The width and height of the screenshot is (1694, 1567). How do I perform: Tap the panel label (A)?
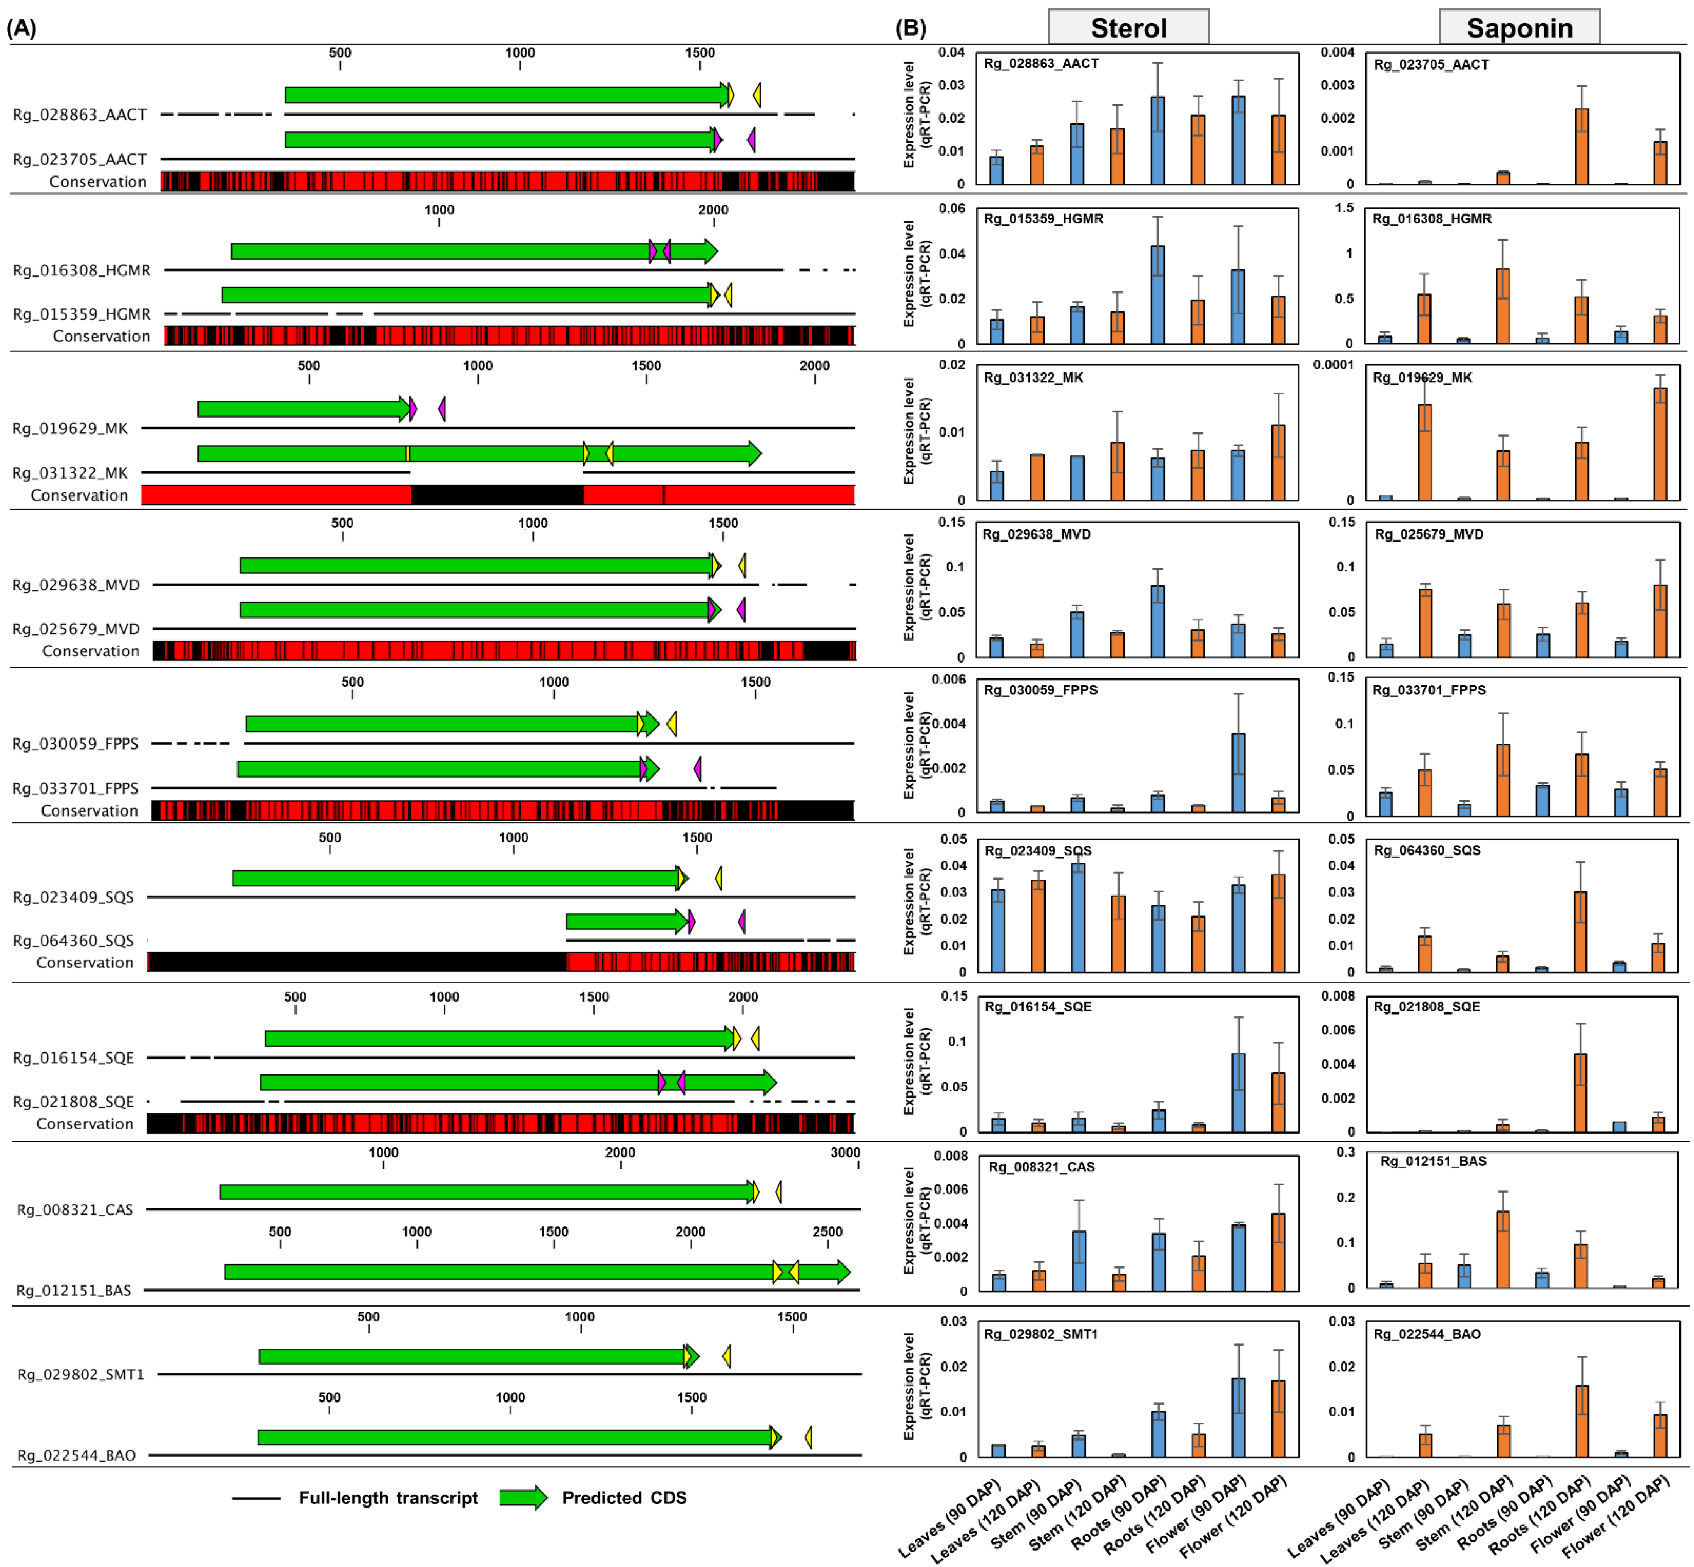(x=21, y=28)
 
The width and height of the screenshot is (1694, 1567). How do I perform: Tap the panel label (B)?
(x=911, y=28)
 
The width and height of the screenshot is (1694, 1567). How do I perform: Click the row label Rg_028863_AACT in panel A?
(x=80, y=114)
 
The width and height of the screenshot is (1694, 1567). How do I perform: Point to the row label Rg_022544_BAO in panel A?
(x=76, y=1455)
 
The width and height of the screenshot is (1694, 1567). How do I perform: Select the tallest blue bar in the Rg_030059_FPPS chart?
(x=1238, y=772)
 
